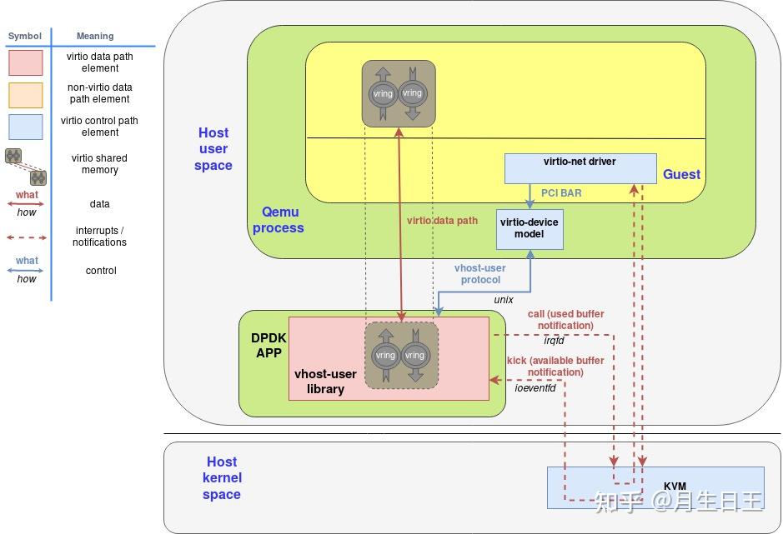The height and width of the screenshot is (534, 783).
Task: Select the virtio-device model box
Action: pyautogui.click(x=530, y=229)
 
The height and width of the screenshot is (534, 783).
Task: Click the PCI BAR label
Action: pyautogui.click(x=561, y=193)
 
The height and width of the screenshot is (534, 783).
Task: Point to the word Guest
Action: pyautogui.click(x=681, y=174)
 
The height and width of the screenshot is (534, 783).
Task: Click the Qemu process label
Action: pyautogui.click(x=278, y=220)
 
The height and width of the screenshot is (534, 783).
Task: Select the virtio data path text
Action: pyautogui.click(x=442, y=221)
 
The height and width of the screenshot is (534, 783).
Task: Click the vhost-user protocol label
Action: pyautogui.click(x=479, y=274)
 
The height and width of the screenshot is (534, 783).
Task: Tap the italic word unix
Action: pyautogui.click(x=503, y=299)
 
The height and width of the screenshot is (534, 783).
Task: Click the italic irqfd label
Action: pyautogui.click(x=554, y=340)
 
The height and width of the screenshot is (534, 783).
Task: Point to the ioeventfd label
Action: pyautogui.click(x=535, y=387)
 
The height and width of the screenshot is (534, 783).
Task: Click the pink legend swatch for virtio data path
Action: pyautogui.click(x=26, y=62)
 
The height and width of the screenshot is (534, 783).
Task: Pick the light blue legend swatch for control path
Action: pyautogui.click(x=26, y=127)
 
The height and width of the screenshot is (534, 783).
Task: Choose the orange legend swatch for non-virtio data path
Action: pyautogui.click(x=26, y=94)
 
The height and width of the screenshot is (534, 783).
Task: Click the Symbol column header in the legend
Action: pyautogui.click(x=24, y=36)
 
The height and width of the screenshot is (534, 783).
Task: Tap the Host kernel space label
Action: pyautogui.click(x=222, y=477)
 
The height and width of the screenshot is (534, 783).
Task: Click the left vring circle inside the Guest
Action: pyautogui.click(x=384, y=93)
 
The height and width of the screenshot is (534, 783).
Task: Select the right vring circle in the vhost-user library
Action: pyautogui.click(x=414, y=355)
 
